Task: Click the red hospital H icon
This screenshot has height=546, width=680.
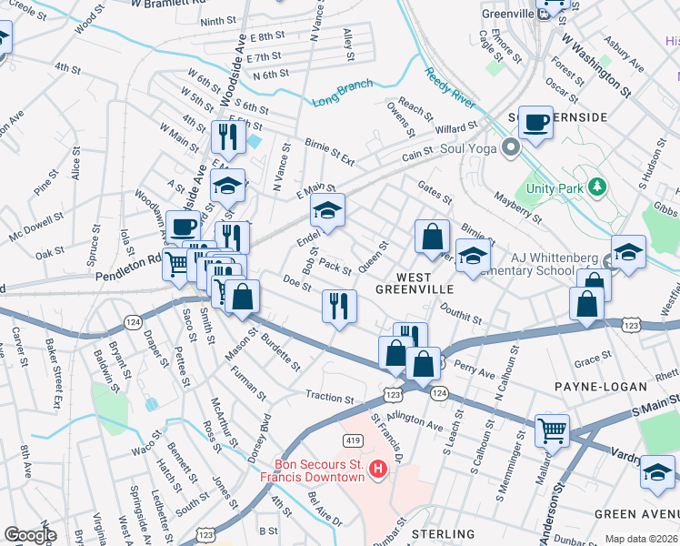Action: point(379,470)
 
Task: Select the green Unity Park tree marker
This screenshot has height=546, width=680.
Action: point(596,187)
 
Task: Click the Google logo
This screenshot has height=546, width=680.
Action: point(30,535)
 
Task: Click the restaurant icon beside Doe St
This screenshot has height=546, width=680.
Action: point(339,305)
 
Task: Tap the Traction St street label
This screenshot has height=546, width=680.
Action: point(329,399)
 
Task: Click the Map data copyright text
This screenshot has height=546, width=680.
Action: point(640,539)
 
